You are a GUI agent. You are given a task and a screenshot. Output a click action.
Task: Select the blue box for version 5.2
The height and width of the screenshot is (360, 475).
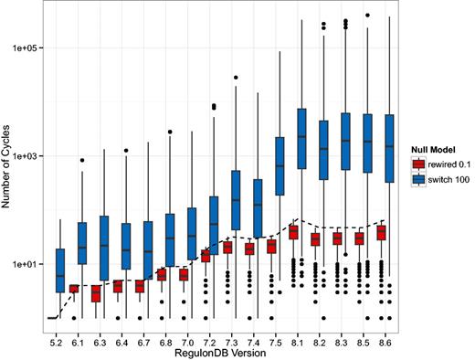point(59,270)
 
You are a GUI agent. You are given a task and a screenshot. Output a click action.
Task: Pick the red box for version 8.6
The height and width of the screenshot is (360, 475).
point(381,233)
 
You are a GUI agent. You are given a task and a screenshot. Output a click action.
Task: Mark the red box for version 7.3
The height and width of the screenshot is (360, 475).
point(227,248)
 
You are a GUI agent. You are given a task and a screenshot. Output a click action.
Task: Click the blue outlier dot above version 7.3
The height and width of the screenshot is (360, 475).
point(237,78)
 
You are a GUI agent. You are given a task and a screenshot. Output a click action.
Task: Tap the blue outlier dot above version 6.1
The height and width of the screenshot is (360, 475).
point(82,160)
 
